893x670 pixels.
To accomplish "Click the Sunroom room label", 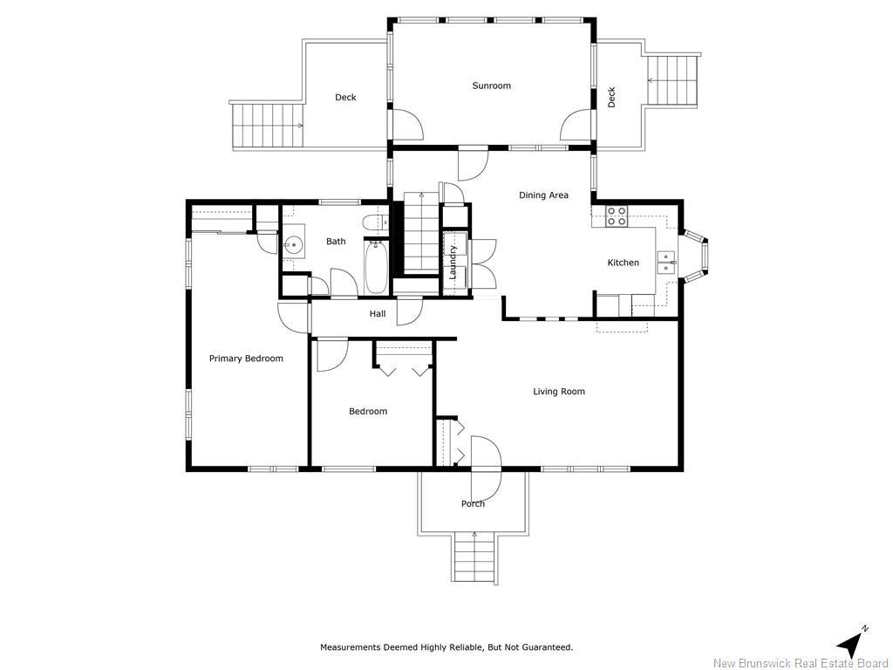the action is point(492,86).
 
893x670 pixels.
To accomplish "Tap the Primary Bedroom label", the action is point(246,359).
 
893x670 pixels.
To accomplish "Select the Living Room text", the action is point(559,392).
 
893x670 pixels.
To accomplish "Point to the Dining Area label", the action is point(543,195).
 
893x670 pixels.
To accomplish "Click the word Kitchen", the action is point(623,263).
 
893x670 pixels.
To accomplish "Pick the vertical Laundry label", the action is point(453,262).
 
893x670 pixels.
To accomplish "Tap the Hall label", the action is point(378,314).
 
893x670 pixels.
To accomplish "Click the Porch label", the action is point(473,503).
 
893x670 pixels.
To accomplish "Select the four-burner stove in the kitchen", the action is point(616,216).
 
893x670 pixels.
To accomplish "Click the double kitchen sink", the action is point(665,263).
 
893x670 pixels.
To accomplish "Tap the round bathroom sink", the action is point(294,245).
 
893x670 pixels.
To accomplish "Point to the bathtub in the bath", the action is point(376,268).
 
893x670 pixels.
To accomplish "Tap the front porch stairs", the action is point(475,557).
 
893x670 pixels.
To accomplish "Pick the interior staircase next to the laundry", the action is point(421,234).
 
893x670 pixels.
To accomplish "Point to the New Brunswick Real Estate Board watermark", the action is point(801,663).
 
